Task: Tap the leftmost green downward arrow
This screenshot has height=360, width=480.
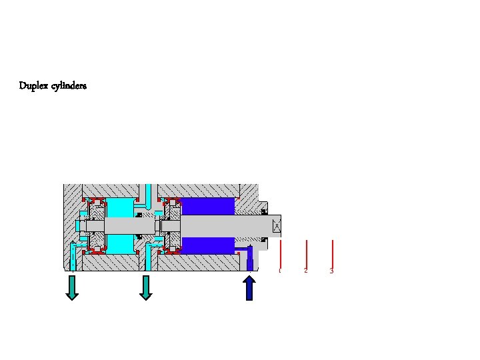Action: point(72,287)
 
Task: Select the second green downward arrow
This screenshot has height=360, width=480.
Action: point(146,287)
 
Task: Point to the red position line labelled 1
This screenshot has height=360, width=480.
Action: point(281,253)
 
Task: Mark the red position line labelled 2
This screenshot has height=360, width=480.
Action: point(306,253)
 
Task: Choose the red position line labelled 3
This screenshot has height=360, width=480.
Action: point(332,253)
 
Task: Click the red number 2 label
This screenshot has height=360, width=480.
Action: point(305,271)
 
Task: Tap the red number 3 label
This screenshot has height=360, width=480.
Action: point(331,271)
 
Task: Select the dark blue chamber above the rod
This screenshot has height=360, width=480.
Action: point(208,207)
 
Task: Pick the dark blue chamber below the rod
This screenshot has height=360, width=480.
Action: point(208,245)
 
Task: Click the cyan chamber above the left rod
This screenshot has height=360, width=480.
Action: point(120,208)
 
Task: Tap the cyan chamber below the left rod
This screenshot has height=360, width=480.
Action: point(120,244)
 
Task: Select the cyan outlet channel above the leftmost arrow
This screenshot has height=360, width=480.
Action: point(73,260)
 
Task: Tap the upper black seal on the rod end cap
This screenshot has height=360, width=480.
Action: point(264,212)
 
